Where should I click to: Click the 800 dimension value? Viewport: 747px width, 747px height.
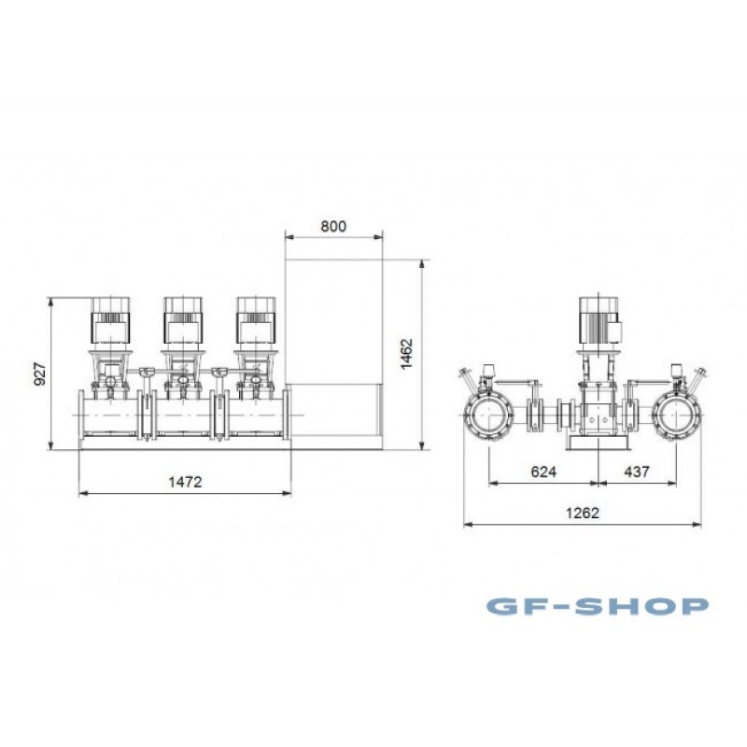click(333, 226)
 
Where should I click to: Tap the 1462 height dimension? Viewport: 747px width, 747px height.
click(406, 354)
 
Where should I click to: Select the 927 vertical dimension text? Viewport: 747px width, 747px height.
click(40, 374)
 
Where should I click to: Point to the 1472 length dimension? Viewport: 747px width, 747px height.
click(185, 482)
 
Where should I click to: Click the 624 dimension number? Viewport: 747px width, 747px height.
click(543, 472)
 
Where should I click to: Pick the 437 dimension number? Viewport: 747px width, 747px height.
click(637, 472)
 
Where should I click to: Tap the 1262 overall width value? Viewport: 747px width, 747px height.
click(583, 513)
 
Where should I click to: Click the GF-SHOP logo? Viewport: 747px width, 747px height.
click(598, 606)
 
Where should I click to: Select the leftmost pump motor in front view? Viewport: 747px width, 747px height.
click(110, 320)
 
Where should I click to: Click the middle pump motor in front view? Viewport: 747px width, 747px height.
click(183, 320)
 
